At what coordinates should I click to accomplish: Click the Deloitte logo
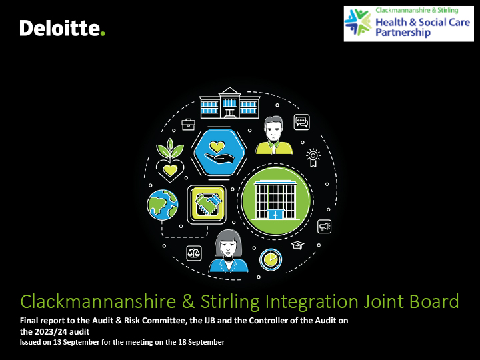[x=63, y=28]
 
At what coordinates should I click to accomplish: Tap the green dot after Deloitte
[x=103, y=33]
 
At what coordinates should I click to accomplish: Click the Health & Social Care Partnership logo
[x=409, y=24]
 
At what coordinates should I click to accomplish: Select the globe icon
[x=163, y=205]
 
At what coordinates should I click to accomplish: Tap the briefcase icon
[x=188, y=124]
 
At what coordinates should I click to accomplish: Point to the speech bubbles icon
[x=301, y=122]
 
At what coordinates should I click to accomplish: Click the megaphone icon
[x=324, y=227]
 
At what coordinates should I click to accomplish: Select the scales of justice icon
[x=194, y=253]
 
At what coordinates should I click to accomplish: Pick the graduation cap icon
[x=297, y=245]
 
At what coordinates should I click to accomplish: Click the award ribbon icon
[x=313, y=157]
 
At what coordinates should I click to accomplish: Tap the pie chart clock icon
[x=271, y=259]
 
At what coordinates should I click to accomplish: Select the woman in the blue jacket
[x=229, y=251]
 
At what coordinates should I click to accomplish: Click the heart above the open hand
[x=217, y=147]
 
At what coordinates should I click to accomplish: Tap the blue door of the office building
[x=275, y=215]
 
